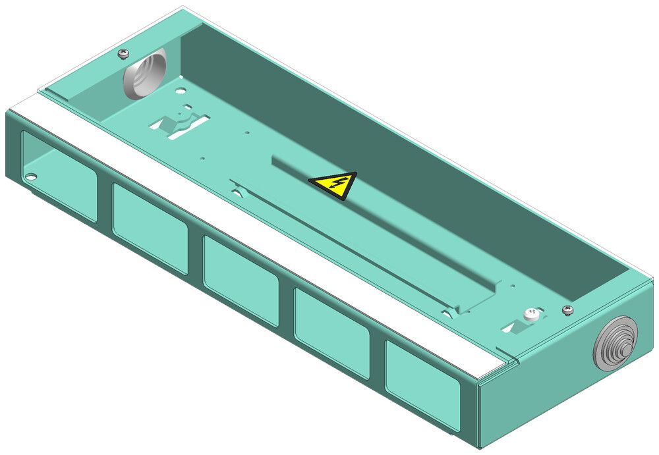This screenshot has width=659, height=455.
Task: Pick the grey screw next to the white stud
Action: pos(566,309)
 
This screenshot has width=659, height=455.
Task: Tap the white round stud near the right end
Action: pos(530,315)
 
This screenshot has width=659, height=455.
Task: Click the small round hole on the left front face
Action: pos(31,176)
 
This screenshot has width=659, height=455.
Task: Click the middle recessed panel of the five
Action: pos(241,279)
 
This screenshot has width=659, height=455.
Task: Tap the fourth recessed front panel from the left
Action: pos(331,333)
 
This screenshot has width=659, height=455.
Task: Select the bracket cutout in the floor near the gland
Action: pos(179,125)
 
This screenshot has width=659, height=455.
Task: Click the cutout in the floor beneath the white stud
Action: pos(521,327)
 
